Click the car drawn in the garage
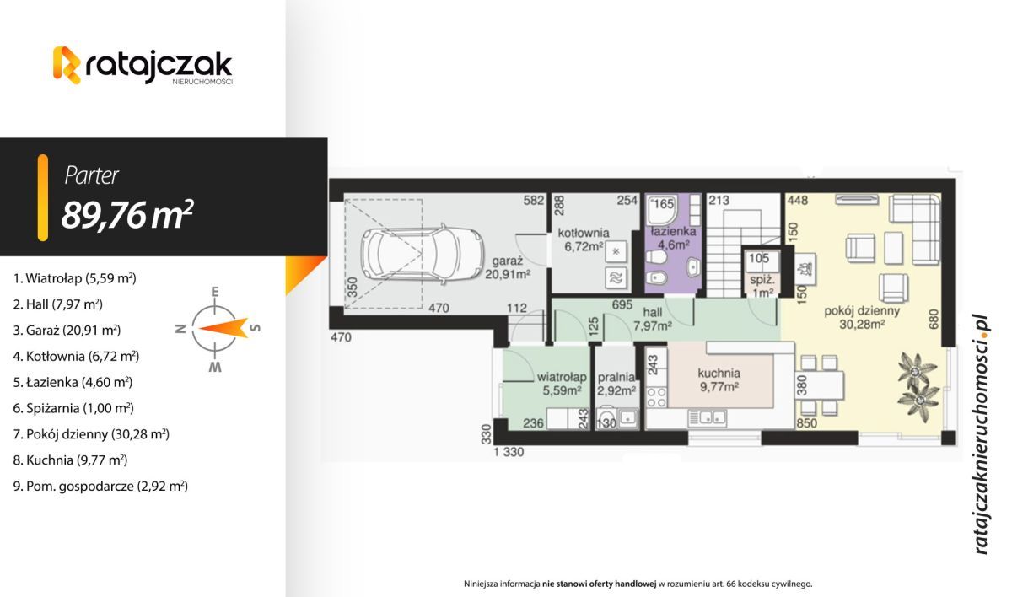pos(422,255)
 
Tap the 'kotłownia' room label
pos(584,233)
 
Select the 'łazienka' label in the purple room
pos(673,232)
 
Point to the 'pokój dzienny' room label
pos(862,311)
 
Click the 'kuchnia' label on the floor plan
pos(719,374)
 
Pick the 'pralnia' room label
pos(616,377)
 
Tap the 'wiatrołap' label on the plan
pos(562,377)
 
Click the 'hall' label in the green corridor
pos(653,312)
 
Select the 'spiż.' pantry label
pos(762,280)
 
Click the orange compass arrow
pos(223,328)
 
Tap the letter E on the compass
pos(215,292)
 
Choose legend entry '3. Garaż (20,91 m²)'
pos(67,331)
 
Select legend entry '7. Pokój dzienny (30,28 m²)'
pos(91,434)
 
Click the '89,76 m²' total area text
pos(127,215)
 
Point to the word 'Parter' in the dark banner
pos(92,175)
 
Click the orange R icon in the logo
pos(67,65)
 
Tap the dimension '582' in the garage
pos(534,200)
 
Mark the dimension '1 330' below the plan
pos(509,452)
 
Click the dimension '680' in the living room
pos(934,319)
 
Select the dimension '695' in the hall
pos(622,304)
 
